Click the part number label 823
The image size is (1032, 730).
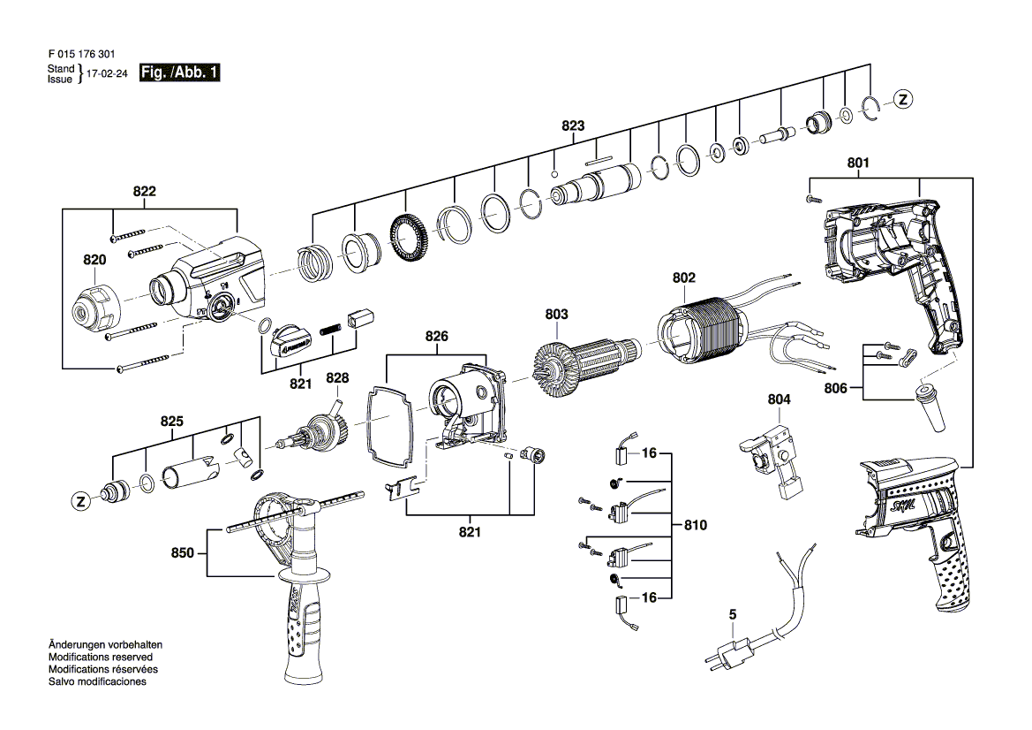click(573, 126)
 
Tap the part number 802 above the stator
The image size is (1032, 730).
click(683, 278)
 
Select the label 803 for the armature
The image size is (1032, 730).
click(556, 314)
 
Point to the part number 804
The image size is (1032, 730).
click(779, 399)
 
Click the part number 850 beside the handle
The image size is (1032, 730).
click(182, 553)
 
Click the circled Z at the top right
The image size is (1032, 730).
click(901, 100)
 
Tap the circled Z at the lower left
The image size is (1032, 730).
click(80, 501)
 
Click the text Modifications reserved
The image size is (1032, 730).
click(100, 658)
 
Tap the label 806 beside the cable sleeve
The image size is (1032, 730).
click(835, 387)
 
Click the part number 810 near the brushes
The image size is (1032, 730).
click(696, 525)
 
